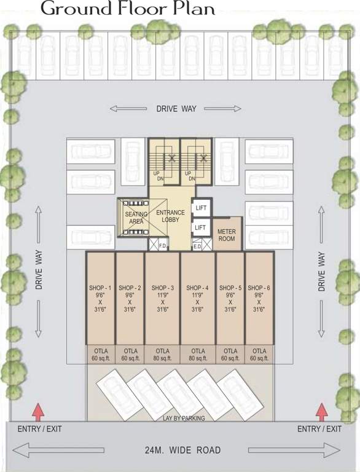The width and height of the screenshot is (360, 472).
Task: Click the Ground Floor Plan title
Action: (128, 9)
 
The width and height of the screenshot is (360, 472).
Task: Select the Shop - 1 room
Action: (100, 298)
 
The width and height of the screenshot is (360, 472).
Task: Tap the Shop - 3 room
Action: (162, 298)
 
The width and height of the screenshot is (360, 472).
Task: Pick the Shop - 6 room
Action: (259, 298)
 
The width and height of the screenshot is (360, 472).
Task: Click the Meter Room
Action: (227, 234)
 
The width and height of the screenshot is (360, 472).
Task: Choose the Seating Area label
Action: (136, 218)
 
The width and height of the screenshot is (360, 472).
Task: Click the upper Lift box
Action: (200, 208)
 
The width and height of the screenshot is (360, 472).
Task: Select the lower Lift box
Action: (200, 227)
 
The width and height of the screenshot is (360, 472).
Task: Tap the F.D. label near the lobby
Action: (163, 246)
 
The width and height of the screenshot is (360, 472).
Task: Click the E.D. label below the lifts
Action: (198, 246)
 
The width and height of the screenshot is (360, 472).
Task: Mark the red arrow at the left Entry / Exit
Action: (38, 410)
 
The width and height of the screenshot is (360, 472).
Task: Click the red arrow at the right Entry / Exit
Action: (321, 410)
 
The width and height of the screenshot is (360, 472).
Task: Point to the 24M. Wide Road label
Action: (179, 450)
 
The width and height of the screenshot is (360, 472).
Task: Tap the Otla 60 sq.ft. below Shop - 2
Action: (130, 355)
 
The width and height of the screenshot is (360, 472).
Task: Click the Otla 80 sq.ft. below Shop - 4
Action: (197, 355)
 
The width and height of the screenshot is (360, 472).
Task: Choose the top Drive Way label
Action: (176, 109)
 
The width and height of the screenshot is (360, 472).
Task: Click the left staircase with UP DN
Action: (163, 161)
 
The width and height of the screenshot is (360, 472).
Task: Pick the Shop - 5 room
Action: (230, 298)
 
